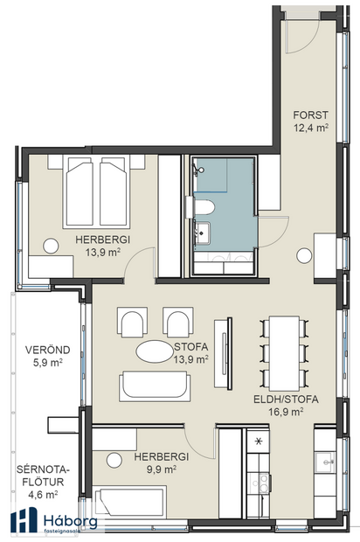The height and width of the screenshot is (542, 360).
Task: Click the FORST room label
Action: point(309,114)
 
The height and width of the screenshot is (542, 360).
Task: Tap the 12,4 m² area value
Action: point(309,128)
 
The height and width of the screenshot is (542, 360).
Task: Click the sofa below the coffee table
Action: point(154,386)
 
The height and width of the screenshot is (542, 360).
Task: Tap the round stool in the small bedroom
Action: point(114,460)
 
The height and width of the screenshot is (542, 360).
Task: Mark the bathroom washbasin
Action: point(204,232)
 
